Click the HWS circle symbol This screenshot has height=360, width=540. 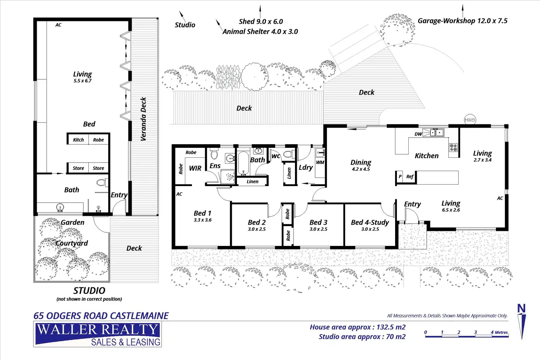(x=470, y=120)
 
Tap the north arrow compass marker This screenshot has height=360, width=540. (x=521, y=321)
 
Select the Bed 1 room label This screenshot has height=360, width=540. (x=202, y=213)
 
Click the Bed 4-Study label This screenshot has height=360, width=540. (x=370, y=222)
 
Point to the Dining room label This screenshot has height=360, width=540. (x=361, y=162)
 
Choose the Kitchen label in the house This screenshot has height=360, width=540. (x=426, y=156)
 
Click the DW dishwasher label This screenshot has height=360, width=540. (x=418, y=134)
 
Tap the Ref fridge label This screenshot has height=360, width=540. (x=410, y=177)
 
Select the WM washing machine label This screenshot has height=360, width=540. (x=320, y=162)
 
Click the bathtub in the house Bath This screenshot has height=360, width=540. (x=243, y=164)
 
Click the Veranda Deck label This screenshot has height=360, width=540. (x=143, y=119)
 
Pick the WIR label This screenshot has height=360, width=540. (x=195, y=168)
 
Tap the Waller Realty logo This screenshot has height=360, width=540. (x=98, y=334)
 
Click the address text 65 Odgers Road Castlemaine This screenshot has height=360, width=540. (x=101, y=316)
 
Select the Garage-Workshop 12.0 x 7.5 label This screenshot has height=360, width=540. (x=462, y=21)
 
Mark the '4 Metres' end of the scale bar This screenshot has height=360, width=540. (x=499, y=332)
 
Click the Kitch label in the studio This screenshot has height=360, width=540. (x=78, y=140)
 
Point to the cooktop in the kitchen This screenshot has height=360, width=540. (x=453, y=148)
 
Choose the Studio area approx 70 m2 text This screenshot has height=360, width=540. (x=362, y=337)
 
